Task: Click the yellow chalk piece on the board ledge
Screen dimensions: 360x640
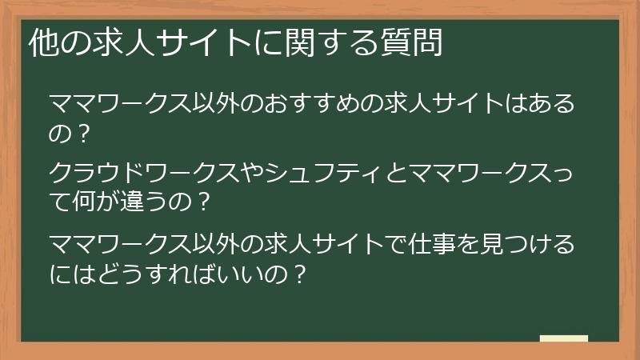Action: pos(563,338)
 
